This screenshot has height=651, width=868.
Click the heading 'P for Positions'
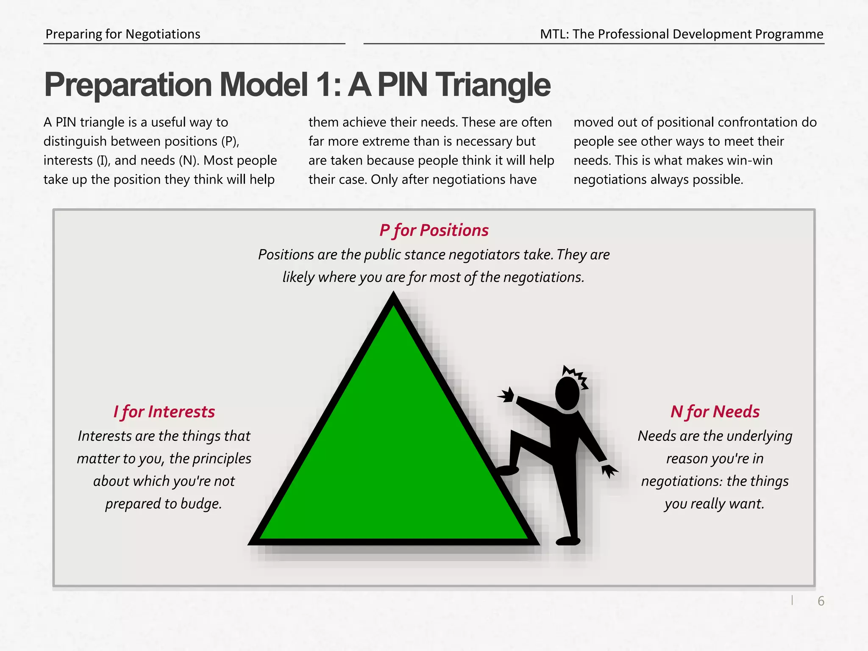[x=434, y=231]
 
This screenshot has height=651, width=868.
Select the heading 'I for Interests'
[x=164, y=412]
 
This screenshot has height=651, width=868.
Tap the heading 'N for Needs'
[x=715, y=412]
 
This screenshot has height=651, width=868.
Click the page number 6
[x=821, y=601]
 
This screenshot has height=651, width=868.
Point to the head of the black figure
[x=567, y=394]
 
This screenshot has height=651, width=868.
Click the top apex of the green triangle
[x=394, y=297]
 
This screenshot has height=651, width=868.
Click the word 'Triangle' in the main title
[x=494, y=85]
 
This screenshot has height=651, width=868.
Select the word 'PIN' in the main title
[x=402, y=85]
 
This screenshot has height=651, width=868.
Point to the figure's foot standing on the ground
[x=568, y=541]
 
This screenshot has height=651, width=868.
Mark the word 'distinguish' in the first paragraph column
[x=75, y=141]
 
